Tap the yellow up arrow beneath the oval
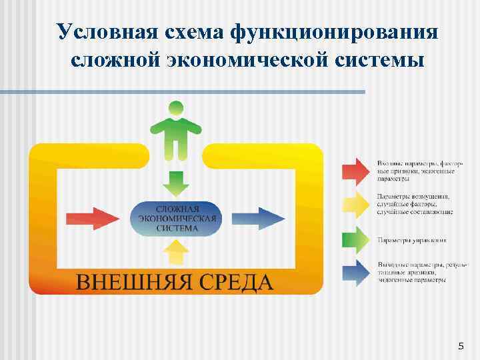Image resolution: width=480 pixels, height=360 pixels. click(176, 253)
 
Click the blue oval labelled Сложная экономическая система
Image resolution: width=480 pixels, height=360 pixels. click(176, 218)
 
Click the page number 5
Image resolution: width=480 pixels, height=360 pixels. click(460, 345)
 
